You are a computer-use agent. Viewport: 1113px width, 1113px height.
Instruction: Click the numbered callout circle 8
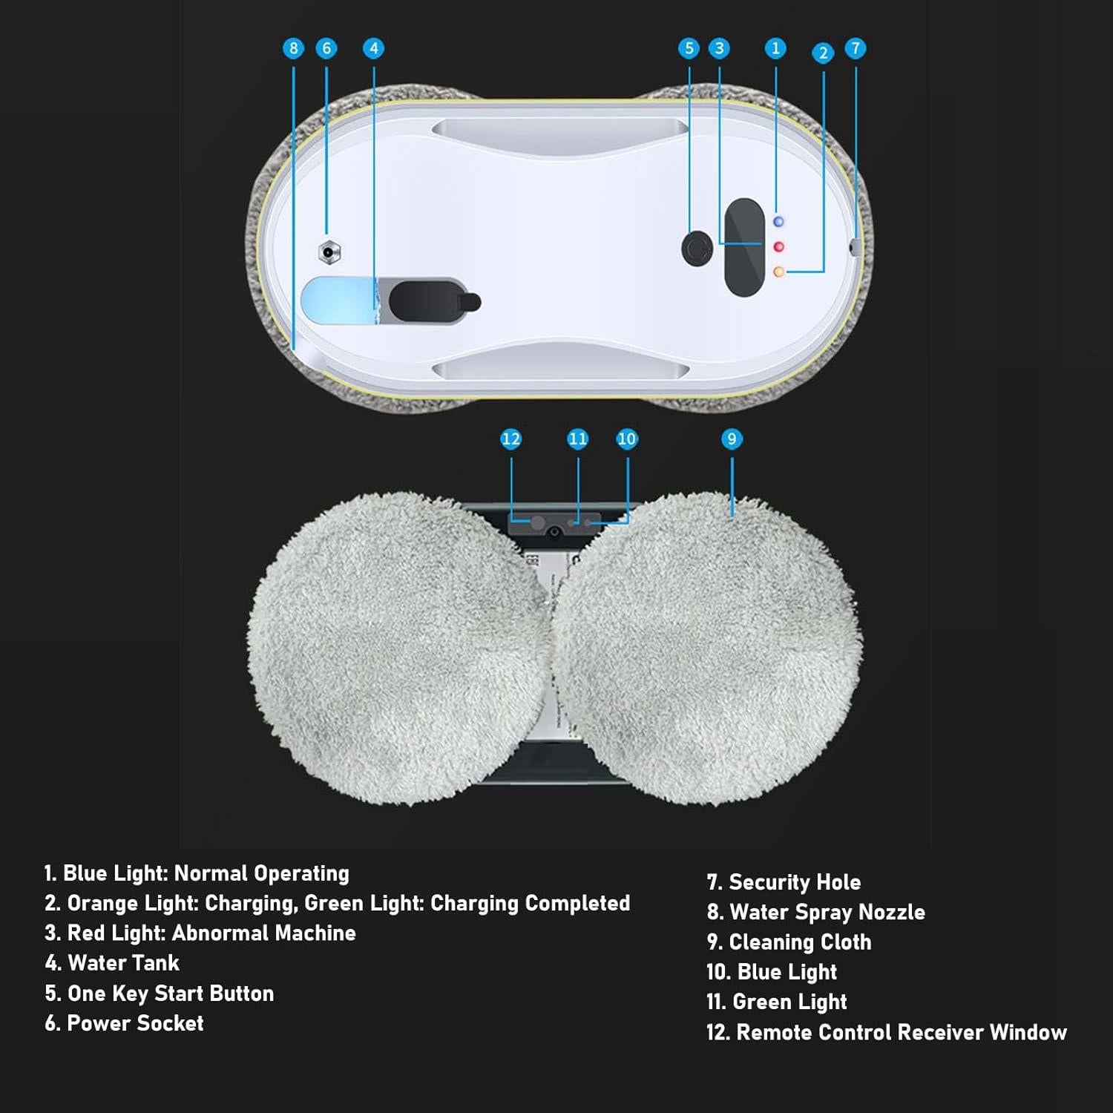(293, 48)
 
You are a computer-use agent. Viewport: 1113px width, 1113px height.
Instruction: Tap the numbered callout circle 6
(326, 48)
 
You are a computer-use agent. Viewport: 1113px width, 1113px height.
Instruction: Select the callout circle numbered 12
(510, 439)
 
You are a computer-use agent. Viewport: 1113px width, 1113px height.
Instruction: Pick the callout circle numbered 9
(732, 439)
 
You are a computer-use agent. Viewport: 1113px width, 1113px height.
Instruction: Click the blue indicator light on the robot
(778, 222)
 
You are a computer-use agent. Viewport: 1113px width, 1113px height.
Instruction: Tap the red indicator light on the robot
(778, 246)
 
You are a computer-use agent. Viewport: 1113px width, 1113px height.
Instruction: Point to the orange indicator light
(778, 272)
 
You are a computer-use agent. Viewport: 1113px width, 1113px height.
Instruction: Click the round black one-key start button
(697, 248)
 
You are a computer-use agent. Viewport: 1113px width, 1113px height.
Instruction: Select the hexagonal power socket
(329, 252)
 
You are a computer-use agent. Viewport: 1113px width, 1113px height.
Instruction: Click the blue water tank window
(338, 301)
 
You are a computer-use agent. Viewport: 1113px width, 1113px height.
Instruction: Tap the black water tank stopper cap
(430, 301)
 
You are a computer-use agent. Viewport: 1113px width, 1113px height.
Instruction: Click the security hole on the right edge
(856, 247)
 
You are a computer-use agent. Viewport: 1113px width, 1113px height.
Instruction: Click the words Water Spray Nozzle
(827, 912)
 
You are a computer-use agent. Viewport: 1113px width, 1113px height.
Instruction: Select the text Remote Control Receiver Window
(901, 1032)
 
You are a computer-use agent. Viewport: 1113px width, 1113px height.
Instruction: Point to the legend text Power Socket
(135, 1023)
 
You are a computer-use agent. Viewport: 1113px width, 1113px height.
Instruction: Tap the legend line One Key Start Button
(170, 994)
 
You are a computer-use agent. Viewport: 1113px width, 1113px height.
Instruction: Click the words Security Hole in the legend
(794, 882)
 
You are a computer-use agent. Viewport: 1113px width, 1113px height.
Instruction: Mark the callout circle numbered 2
(823, 53)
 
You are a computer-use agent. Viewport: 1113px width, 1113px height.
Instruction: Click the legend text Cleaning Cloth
(800, 942)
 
